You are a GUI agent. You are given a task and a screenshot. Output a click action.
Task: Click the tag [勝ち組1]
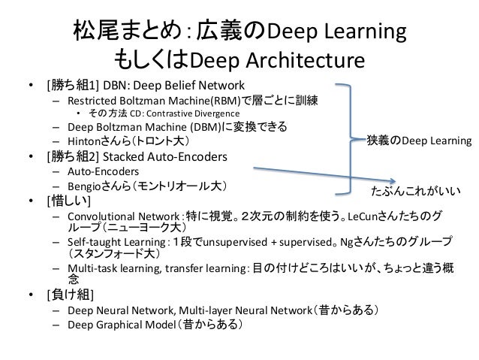point(71,83)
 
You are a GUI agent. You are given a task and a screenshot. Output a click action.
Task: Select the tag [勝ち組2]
point(72,158)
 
